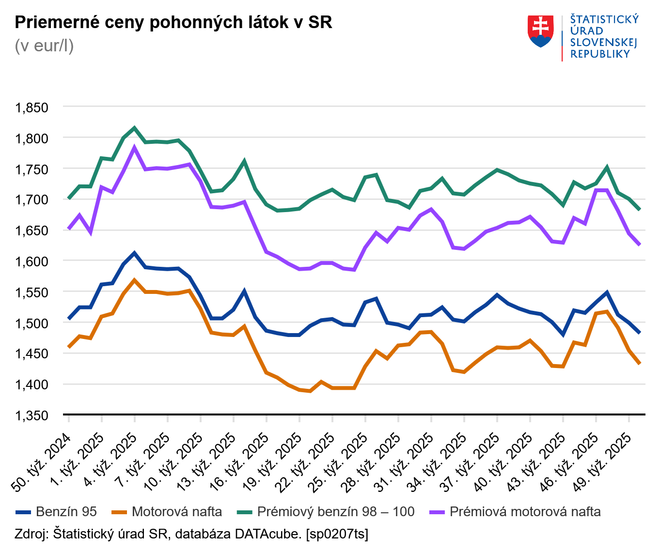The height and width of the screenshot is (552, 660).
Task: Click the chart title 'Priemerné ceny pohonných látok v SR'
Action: click(x=173, y=22)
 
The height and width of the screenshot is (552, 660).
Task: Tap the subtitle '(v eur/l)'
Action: click(x=44, y=46)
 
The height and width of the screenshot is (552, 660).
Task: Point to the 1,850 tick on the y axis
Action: click(x=32, y=107)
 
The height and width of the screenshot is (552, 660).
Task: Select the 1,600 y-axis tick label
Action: click(x=32, y=261)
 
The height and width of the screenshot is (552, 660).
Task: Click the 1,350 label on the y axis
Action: click(x=32, y=415)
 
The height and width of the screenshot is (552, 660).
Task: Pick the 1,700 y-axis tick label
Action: click(x=32, y=199)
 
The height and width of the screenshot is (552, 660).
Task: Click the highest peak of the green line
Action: click(x=135, y=128)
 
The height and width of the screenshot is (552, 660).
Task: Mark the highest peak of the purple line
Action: click(x=135, y=148)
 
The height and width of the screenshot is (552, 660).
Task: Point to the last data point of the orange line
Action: click(x=640, y=363)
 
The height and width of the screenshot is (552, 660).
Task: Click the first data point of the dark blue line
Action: click(x=69, y=319)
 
